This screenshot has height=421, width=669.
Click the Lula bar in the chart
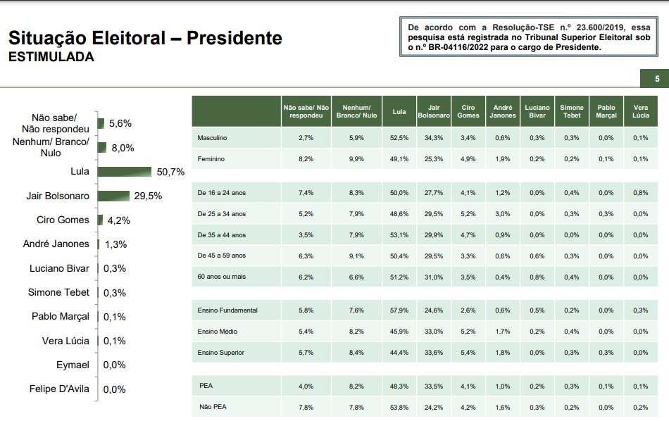click(x=125, y=172)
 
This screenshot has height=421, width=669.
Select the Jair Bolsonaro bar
click(x=113, y=196)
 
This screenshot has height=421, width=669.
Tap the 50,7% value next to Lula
click(x=171, y=172)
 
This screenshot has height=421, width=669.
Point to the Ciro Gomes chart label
click(x=63, y=220)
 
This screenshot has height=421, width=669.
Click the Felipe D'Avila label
click(x=59, y=389)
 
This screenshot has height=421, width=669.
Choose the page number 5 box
click(x=656, y=79)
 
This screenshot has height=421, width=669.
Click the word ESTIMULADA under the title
click(x=51, y=58)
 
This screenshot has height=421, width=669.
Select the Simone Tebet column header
click(x=572, y=111)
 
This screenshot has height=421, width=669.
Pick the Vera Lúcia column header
click(x=640, y=111)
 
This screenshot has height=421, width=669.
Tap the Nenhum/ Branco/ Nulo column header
click(x=356, y=111)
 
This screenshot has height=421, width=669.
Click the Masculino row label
click(x=213, y=138)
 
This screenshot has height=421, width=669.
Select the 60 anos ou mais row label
click(x=223, y=277)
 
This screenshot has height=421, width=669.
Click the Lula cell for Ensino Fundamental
click(x=400, y=310)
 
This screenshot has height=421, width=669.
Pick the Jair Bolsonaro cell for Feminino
click(x=434, y=159)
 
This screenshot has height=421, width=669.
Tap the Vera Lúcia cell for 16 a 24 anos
click(x=640, y=192)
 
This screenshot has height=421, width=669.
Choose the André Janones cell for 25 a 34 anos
click(x=502, y=213)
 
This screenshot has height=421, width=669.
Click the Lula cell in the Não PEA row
click(x=400, y=407)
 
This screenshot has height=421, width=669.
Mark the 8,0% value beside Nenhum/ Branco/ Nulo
click(x=122, y=148)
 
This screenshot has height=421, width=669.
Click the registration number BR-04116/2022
click(x=465, y=48)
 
